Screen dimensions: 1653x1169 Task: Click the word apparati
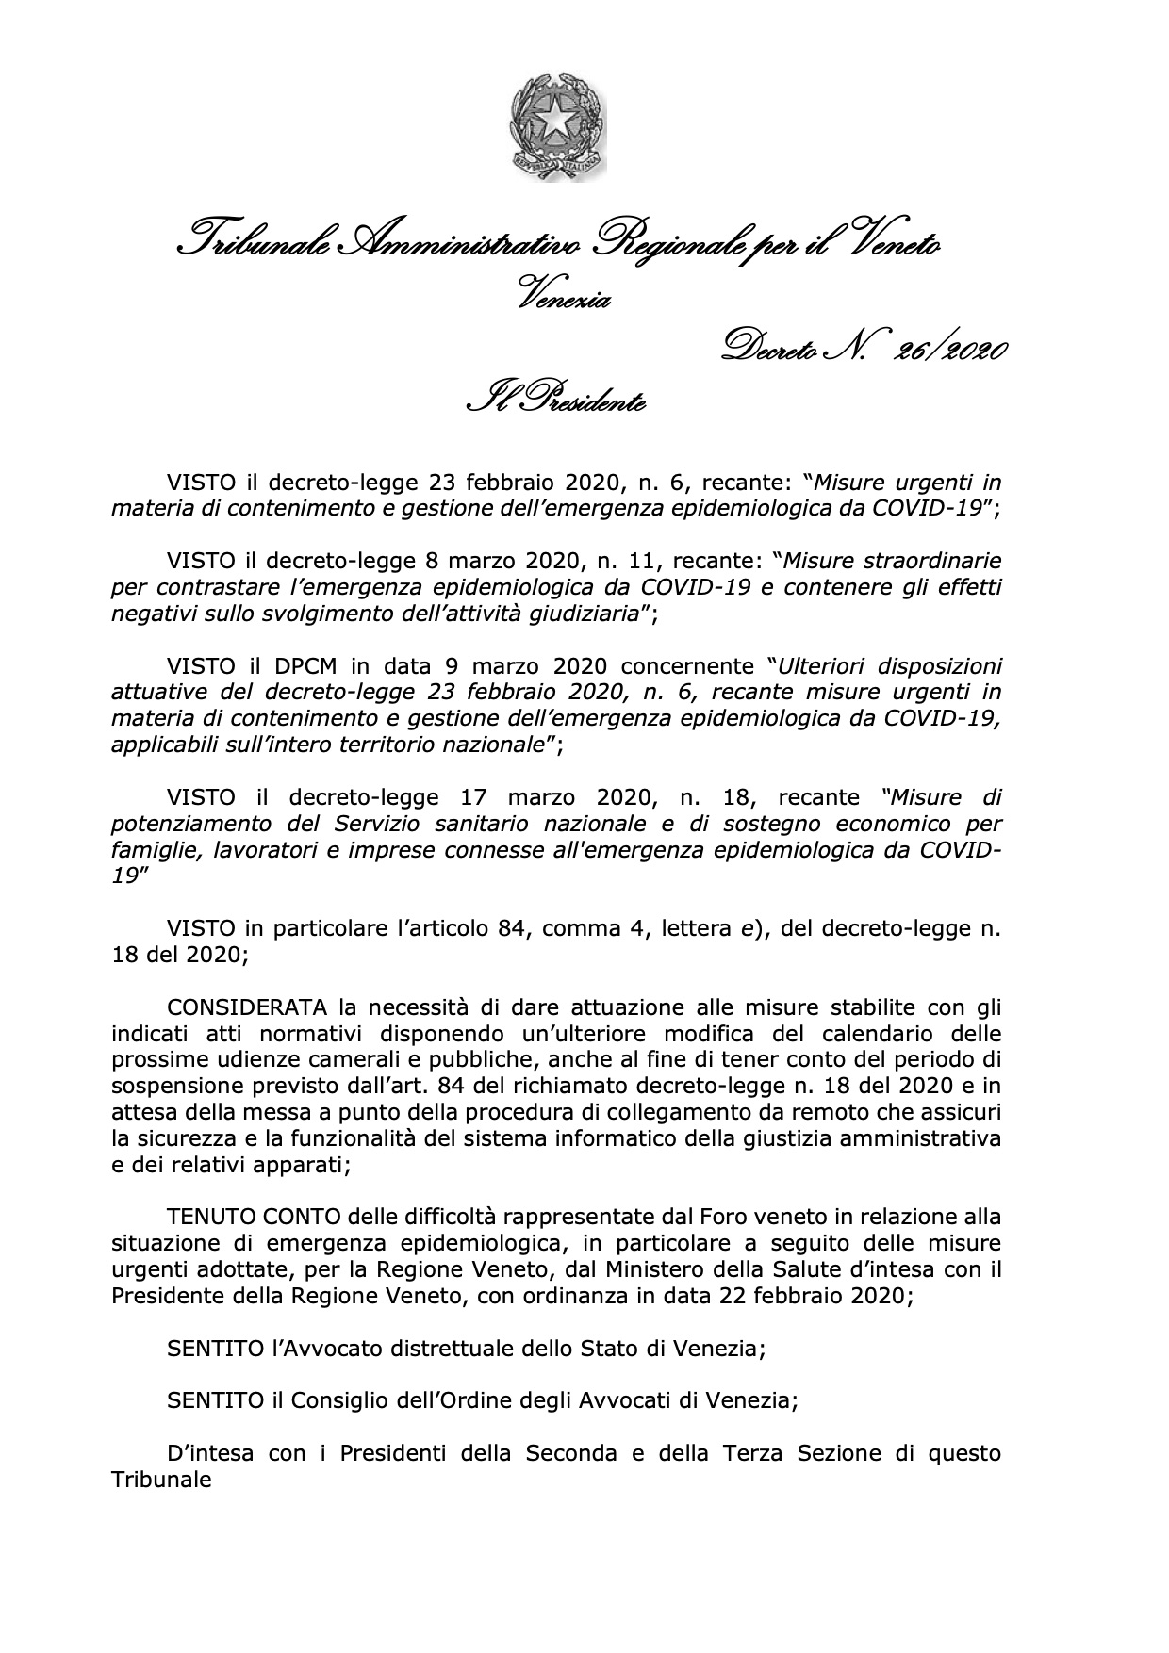(298, 1163)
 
